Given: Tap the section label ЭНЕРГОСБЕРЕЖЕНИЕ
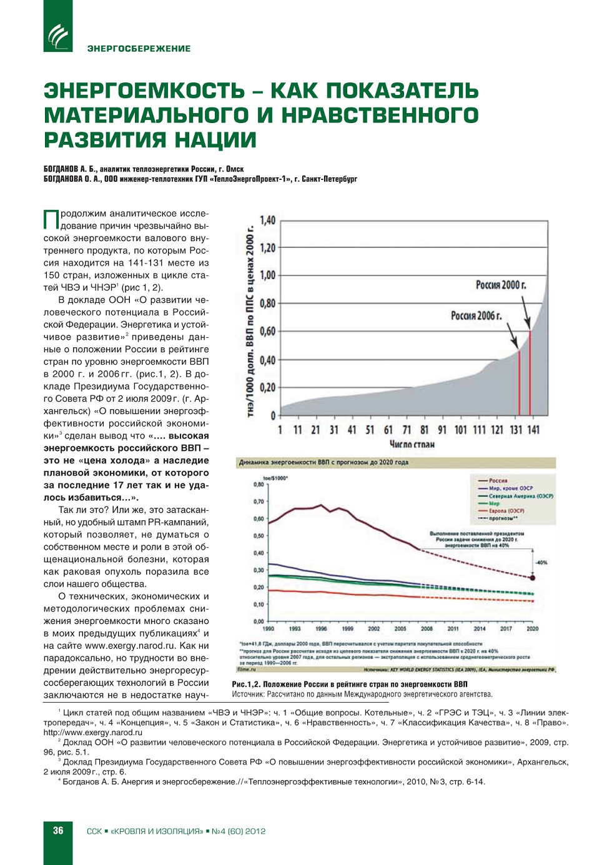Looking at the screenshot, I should [139, 49].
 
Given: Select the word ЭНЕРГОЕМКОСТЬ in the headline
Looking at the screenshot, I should [144, 91].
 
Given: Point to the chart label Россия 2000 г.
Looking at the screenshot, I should [501, 285].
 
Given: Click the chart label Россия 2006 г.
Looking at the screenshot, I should [476, 316].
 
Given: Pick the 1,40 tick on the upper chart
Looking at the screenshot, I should [267, 220].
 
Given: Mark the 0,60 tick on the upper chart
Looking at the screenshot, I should [267, 331].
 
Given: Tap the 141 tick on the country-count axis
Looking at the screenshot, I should [533, 430].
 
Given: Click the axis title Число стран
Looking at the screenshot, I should [412, 444].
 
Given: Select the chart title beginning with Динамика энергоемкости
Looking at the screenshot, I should [323, 462].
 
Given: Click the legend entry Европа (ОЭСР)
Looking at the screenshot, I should [506, 511].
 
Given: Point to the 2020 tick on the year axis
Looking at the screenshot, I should [532, 629].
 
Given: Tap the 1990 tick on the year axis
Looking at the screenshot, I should [268, 629].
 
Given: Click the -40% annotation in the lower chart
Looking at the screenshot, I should [541, 563].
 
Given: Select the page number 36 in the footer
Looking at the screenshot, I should [58, 831].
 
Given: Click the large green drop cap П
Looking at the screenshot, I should [51, 220].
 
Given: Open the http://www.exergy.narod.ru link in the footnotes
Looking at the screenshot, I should [92, 733].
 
